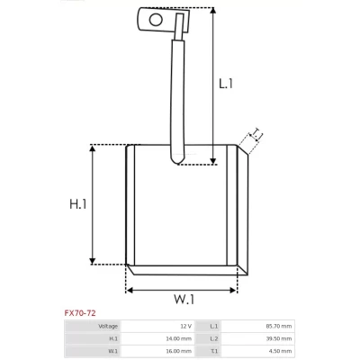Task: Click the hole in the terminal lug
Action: coord(156,20)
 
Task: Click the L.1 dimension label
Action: coord(226,84)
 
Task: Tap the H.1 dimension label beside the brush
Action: coord(78,204)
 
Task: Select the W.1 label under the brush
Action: coord(184,299)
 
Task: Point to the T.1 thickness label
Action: coord(256,134)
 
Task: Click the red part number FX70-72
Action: coord(80,313)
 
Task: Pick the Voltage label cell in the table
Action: coord(108,326)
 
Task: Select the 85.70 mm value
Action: coord(279,326)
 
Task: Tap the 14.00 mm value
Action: coord(178,338)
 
